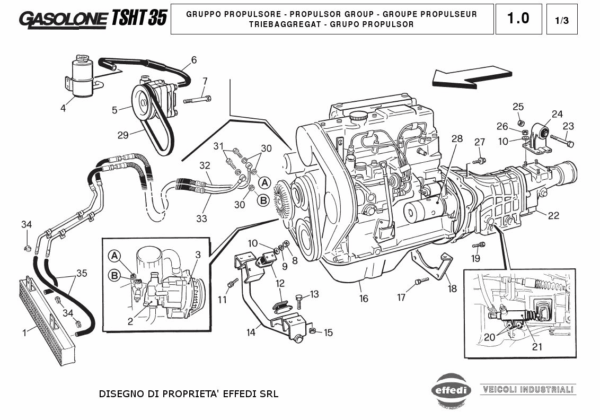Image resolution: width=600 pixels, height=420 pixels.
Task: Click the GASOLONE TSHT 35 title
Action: pyautogui.click(x=83, y=18)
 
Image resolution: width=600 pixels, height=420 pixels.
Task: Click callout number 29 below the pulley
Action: pyautogui.click(x=122, y=135)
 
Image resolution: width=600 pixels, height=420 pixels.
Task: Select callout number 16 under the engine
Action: pyautogui.click(x=364, y=298)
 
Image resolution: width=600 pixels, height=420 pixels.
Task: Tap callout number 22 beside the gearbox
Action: pyautogui.click(x=553, y=216)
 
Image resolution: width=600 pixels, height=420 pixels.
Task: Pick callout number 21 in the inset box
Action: pyautogui.click(x=536, y=347)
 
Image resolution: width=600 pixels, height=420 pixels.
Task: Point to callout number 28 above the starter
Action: pyautogui.click(x=456, y=138)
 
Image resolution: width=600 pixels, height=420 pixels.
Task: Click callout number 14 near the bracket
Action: pyautogui.click(x=250, y=331)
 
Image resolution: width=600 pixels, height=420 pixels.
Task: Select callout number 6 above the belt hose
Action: pyautogui.click(x=193, y=59)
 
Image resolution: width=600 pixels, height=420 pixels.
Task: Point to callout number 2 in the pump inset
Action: pyautogui.click(x=130, y=321)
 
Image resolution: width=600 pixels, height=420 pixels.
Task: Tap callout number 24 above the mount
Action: pyautogui.click(x=557, y=113)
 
